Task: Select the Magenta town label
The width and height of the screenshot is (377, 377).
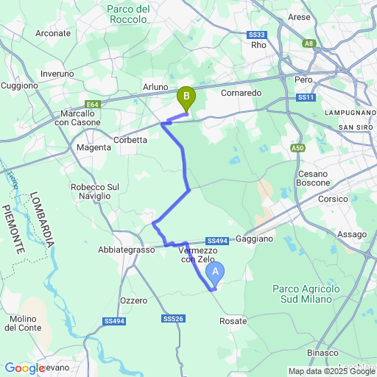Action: point(94,147)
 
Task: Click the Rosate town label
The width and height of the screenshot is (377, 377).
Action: point(233,322)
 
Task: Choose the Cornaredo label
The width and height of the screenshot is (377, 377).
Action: point(242,94)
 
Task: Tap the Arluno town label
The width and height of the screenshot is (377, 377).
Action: point(155,88)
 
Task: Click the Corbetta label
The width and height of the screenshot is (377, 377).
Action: point(131,139)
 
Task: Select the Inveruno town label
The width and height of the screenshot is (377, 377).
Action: point(57,74)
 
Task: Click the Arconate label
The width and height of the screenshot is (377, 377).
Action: point(53,33)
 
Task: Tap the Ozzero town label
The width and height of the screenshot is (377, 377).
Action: point(133,300)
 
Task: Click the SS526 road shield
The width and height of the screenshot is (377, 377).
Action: point(171,319)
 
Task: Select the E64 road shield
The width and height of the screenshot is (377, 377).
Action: point(92,104)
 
